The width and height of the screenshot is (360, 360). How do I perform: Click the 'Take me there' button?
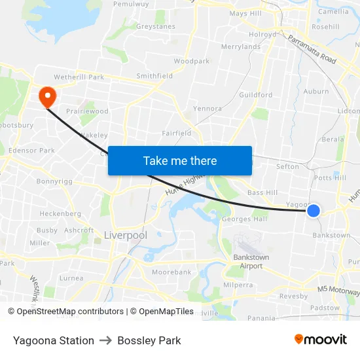[180, 160]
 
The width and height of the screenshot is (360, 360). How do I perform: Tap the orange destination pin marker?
[47, 98]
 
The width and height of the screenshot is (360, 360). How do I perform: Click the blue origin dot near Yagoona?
[314, 210]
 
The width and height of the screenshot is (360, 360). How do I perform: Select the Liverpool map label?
[125, 234]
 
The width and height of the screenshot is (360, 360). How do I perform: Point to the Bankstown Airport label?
[251, 262]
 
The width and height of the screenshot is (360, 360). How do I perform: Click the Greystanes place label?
[156, 27]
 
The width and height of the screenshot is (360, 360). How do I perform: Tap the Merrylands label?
[241, 47]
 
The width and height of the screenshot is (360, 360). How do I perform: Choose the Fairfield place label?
[177, 133]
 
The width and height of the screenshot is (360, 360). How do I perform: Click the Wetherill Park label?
[79, 77]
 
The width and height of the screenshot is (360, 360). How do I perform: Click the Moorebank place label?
[171, 271]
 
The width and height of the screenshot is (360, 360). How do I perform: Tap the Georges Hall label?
[245, 219]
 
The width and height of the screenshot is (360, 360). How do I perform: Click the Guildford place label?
[256, 95]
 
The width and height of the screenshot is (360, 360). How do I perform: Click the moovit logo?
[320, 340]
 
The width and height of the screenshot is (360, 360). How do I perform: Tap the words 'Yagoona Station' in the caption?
[54, 340]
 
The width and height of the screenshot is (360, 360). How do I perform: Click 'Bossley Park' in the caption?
[149, 340]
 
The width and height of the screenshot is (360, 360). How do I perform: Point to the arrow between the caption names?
[106, 340]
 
